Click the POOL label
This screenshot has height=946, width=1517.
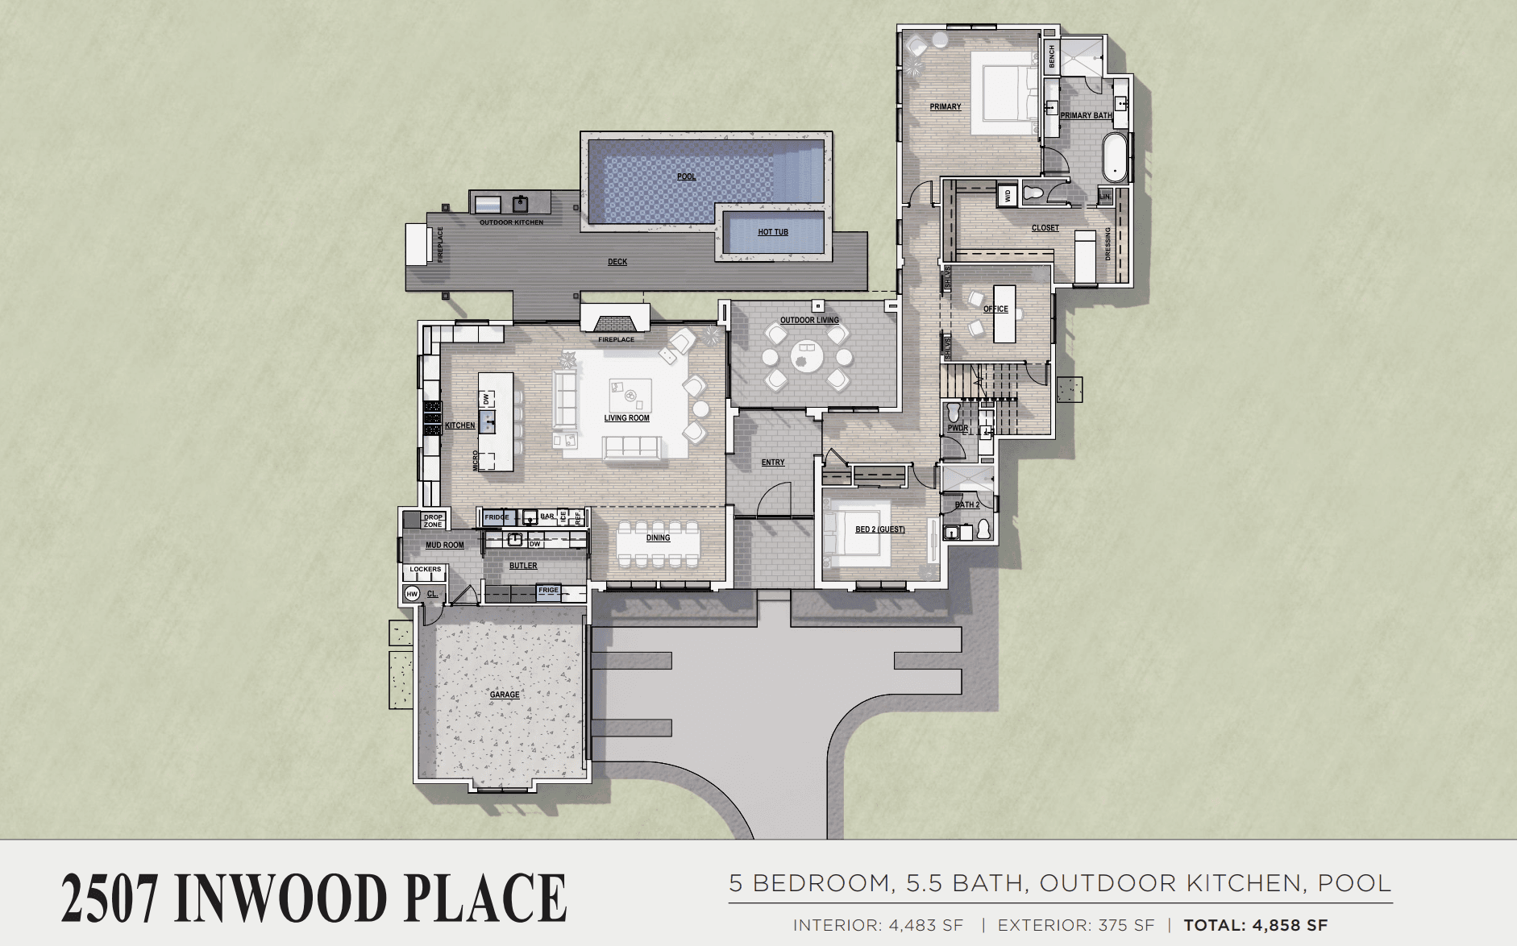tap(686, 176)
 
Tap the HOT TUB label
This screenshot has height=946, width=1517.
tap(772, 232)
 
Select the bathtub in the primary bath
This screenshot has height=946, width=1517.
tap(1115, 157)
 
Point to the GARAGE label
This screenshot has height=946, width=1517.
tap(505, 695)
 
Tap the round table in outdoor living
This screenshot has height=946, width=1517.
tap(806, 355)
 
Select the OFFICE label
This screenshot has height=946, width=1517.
tap(995, 309)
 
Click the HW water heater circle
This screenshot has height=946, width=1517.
tap(412, 594)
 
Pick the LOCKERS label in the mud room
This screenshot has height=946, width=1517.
tap(425, 570)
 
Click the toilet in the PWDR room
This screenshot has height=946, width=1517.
tap(954, 412)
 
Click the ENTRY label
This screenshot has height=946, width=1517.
tap(772, 463)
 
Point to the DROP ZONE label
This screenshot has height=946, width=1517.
tap(433, 521)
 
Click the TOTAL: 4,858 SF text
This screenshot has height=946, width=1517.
tap(1255, 926)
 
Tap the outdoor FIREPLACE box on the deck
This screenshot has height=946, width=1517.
tap(417, 244)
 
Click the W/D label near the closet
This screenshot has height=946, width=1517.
tap(1008, 195)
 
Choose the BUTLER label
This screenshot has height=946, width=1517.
tap(522, 566)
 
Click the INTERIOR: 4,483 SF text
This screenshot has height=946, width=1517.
tap(878, 926)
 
